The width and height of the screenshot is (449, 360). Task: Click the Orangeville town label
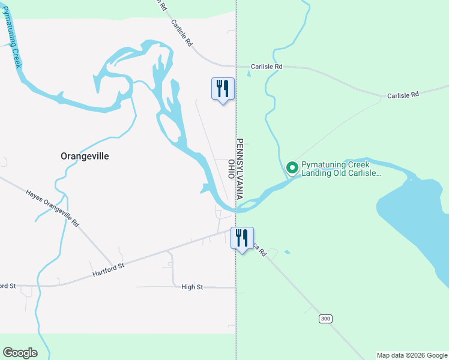(85, 156)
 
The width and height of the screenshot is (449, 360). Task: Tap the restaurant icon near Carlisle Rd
(223, 89)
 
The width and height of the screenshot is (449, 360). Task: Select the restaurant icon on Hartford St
(242, 238)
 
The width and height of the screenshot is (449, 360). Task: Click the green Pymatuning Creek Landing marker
(292, 168)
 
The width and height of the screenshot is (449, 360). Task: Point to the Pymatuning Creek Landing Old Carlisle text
(340, 169)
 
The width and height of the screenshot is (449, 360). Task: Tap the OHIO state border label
(231, 169)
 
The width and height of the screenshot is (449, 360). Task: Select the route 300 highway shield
(325, 319)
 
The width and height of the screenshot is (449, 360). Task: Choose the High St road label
(192, 287)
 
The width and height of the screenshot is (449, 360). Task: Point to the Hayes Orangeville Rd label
(52, 208)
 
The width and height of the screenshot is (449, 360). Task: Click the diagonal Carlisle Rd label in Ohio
(181, 34)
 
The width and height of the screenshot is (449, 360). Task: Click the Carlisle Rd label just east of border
(266, 67)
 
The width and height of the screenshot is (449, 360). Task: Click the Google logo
(20, 353)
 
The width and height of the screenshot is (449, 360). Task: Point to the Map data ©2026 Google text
(411, 355)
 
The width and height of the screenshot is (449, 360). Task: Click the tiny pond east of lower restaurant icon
(287, 251)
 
